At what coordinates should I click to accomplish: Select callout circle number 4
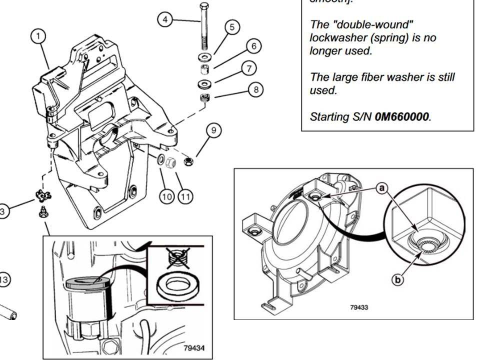(165, 19)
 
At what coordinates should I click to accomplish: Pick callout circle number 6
(253, 46)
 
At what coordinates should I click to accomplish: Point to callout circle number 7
(249, 67)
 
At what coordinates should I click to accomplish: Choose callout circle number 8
(255, 90)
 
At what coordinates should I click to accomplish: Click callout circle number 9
(213, 130)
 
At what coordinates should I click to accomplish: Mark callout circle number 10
(167, 196)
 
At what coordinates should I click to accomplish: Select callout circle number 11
(185, 196)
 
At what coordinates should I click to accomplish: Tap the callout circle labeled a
(381, 188)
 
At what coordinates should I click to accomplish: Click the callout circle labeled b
(397, 280)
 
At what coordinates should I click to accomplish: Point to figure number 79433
(359, 307)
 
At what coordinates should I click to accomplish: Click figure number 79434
(194, 347)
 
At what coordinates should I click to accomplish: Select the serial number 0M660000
(401, 117)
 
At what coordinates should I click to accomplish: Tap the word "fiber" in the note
(379, 77)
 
